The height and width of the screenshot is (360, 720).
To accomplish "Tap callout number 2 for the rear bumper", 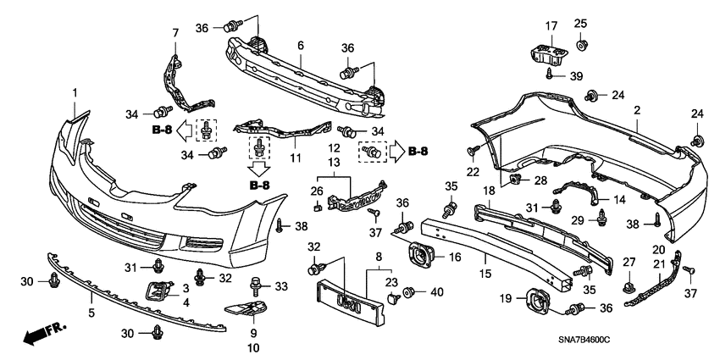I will tap(636, 111).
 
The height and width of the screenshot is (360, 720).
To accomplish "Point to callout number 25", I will tap(580, 23).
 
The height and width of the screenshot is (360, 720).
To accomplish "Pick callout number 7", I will tap(175, 32).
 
